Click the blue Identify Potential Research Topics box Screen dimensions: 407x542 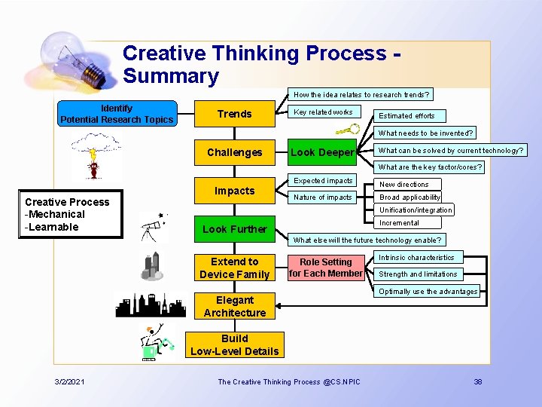117,114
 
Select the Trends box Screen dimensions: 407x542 234,114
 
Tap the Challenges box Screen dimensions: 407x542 234,152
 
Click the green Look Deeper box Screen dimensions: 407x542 322,152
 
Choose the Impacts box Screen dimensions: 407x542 234,191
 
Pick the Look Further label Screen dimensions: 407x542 234,229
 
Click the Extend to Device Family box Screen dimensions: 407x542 234,268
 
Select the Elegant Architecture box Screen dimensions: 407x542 234,306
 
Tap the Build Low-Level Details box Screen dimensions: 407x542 234,344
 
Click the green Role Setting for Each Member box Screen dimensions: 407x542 326,268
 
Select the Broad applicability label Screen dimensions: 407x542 410,197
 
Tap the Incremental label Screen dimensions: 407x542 399,223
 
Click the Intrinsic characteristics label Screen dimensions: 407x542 416,258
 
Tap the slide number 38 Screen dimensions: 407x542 477,382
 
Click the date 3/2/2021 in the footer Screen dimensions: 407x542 69,382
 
